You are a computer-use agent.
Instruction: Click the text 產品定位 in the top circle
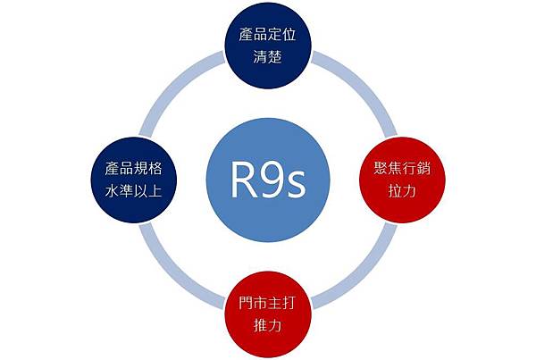point(268,37)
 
